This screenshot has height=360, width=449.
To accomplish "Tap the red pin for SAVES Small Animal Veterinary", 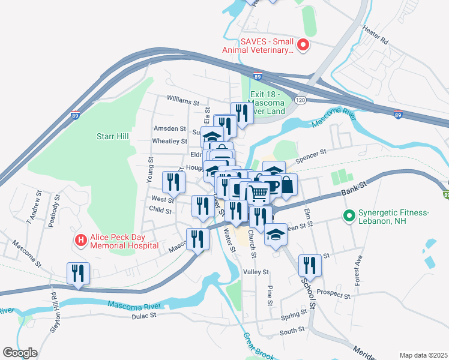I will [304, 45].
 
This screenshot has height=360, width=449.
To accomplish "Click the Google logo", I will [20, 352].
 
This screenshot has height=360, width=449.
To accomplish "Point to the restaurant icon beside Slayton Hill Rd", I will [78, 273].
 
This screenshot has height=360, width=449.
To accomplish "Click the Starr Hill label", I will [112, 137].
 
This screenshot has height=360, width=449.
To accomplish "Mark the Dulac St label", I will [144, 314].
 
